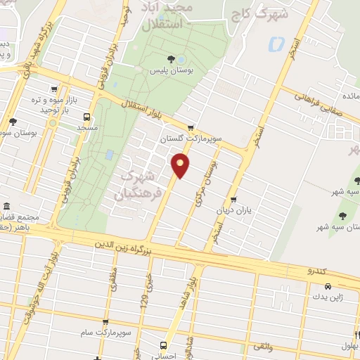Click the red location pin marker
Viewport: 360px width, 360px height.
pyautogui.click(x=181, y=165)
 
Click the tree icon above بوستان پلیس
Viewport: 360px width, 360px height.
pyautogui.click(x=171, y=58)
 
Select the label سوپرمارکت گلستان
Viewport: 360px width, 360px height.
pyautogui.click(x=191, y=139)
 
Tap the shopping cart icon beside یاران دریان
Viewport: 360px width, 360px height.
pyautogui.click(x=233, y=199)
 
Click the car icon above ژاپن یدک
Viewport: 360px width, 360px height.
pyautogui.click(x=328, y=287)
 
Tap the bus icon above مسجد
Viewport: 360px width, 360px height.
pyautogui.click(x=86, y=117)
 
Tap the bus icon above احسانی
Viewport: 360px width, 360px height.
pyautogui.click(x=163, y=345)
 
